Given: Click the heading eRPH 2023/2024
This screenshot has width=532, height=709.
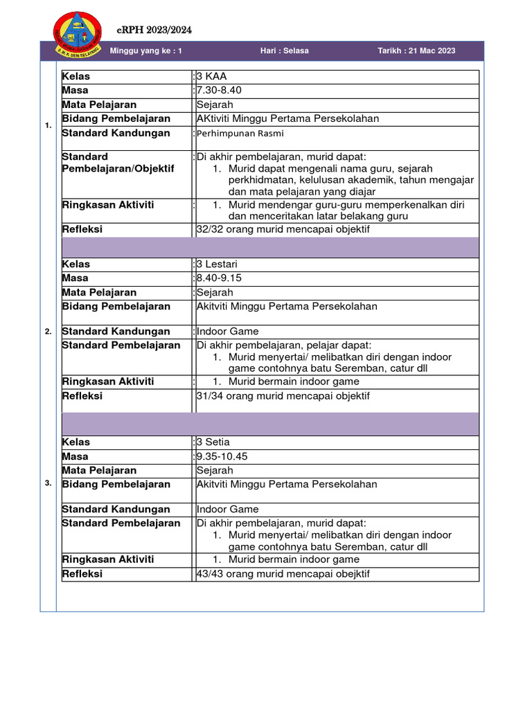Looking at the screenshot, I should click(x=154, y=30).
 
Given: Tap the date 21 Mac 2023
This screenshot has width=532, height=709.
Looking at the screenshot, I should click(x=416, y=51).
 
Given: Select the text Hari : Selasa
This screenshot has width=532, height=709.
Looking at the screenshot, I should click(x=284, y=51).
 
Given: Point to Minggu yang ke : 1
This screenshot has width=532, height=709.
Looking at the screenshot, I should click(x=146, y=51).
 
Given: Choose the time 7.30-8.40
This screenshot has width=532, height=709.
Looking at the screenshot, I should click(x=219, y=91).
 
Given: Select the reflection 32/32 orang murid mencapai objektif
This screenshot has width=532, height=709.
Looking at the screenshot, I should click(x=283, y=229).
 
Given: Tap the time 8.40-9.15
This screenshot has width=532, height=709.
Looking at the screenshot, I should click(x=219, y=278).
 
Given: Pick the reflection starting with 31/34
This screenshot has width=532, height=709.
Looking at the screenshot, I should click(x=283, y=396).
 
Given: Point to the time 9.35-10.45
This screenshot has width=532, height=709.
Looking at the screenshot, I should click(x=222, y=456).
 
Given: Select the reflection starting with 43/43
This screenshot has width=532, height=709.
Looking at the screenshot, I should click(x=283, y=574).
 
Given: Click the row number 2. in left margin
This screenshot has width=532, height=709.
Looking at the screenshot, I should click(x=48, y=332).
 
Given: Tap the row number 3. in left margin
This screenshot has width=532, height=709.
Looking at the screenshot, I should click(x=48, y=483).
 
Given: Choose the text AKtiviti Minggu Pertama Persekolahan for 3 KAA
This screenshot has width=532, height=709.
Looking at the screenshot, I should click(x=287, y=118).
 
